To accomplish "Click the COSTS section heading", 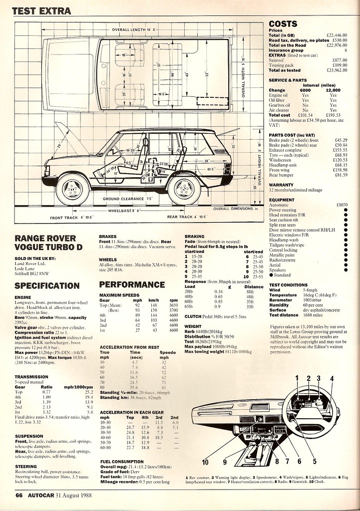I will point(283,23).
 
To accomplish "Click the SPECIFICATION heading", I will point(47,286).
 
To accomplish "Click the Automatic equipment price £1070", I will point(342,205).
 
